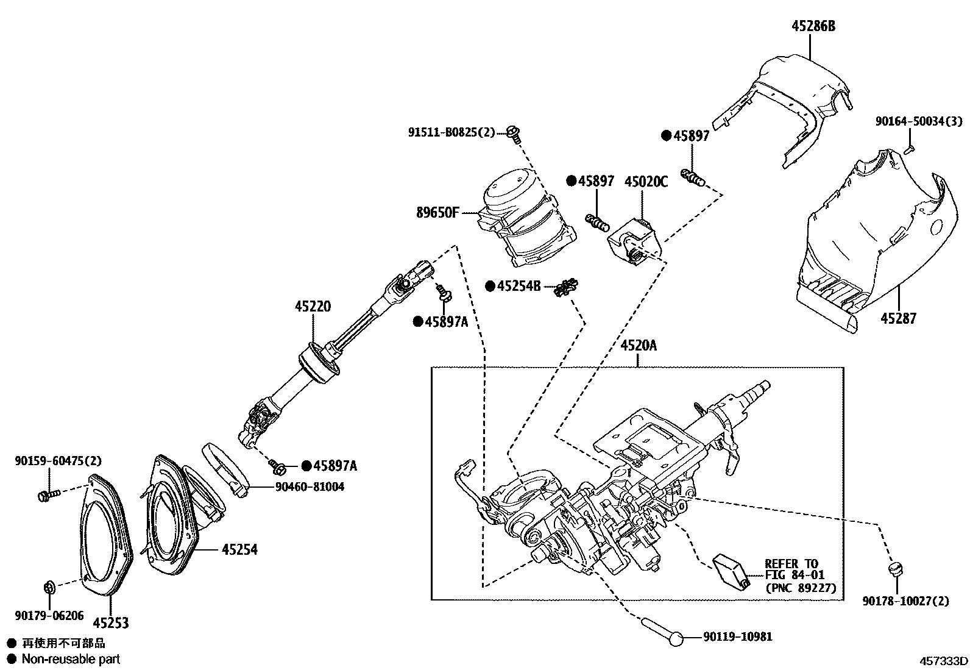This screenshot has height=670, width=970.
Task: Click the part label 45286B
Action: tap(813, 26)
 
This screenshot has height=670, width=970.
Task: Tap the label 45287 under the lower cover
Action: tap(897, 318)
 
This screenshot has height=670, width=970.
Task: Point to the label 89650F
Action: tap(437, 213)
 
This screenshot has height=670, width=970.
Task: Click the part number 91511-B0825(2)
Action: tap(451, 132)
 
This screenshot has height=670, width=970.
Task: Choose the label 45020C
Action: tap(646, 182)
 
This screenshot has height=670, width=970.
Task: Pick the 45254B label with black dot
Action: tap(518, 286)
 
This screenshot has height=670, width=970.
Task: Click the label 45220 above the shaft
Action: tap(313, 307)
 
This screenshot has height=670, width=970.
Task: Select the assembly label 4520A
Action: tap(639, 346)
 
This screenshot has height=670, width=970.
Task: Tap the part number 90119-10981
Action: tap(737, 637)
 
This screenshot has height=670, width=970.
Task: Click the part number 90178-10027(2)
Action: tap(905, 601)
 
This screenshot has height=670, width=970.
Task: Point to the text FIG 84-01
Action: tap(795, 576)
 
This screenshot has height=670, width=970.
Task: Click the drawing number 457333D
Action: tap(943, 661)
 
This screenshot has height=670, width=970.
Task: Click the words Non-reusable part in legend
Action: tap(71, 659)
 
